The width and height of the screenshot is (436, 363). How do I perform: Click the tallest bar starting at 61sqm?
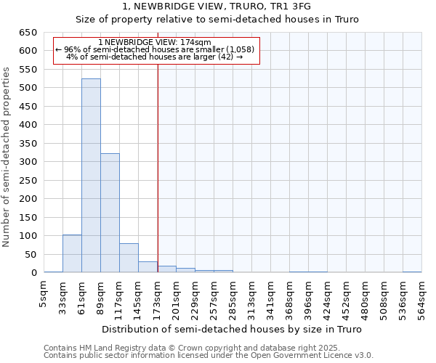[91, 176]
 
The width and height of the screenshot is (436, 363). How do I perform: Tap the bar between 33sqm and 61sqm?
[72, 253]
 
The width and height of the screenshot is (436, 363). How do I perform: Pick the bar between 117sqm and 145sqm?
[129, 258]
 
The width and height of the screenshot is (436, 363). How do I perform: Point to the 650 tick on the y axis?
[28, 33]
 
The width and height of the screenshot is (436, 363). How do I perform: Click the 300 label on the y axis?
[28, 162]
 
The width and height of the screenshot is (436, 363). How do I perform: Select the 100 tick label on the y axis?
[28, 236]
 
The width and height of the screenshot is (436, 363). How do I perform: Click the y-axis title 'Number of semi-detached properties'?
[7, 157]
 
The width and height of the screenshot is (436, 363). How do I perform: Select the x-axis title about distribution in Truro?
[232, 329]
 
